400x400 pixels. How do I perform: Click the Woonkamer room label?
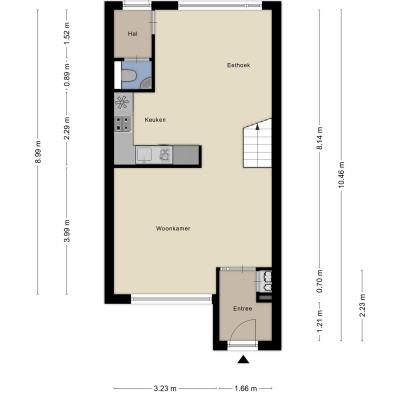point(173,229)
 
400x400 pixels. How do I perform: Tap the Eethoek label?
point(238,65)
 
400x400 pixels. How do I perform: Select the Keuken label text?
point(155,120)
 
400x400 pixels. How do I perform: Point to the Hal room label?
point(132,34)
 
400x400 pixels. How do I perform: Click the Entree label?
point(242,309)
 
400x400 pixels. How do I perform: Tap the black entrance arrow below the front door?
point(244,359)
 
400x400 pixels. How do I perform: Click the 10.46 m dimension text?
point(341,174)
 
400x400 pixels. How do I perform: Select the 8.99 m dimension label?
point(38,152)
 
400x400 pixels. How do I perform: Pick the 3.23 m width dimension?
point(165,388)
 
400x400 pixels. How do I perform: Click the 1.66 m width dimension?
point(246,388)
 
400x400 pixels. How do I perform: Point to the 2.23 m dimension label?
point(362,306)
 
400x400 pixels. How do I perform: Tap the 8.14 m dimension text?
point(319,139)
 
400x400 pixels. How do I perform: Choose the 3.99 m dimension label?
point(67,231)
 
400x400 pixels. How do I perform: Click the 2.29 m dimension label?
point(67,128)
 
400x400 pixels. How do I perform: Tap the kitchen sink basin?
point(144,155)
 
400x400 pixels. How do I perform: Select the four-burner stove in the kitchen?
point(122,123)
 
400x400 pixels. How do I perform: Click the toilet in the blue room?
point(128,76)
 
